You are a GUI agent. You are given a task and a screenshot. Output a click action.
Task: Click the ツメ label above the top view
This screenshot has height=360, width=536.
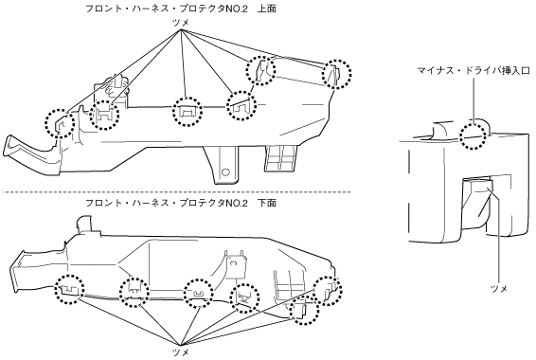[181, 23]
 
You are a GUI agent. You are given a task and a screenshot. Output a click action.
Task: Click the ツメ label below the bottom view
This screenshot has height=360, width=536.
[181, 352]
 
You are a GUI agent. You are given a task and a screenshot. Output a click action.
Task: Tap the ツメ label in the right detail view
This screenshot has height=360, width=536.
[499, 289]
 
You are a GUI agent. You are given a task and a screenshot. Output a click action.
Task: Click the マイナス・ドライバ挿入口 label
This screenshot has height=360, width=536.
[473, 71]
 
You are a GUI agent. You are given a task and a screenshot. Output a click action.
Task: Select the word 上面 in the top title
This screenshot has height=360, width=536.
[267, 9]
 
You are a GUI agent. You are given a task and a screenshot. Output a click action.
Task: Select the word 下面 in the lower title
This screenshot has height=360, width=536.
[267, 203]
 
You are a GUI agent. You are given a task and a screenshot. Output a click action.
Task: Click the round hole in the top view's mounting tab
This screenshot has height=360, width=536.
[225, 171]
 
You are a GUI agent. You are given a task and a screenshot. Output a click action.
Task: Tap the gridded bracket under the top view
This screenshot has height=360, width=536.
[281, 157]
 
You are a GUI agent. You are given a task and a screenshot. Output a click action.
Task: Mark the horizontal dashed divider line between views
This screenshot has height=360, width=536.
[176, 192]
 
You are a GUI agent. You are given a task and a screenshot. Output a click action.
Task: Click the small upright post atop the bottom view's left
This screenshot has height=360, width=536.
[85, 224]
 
